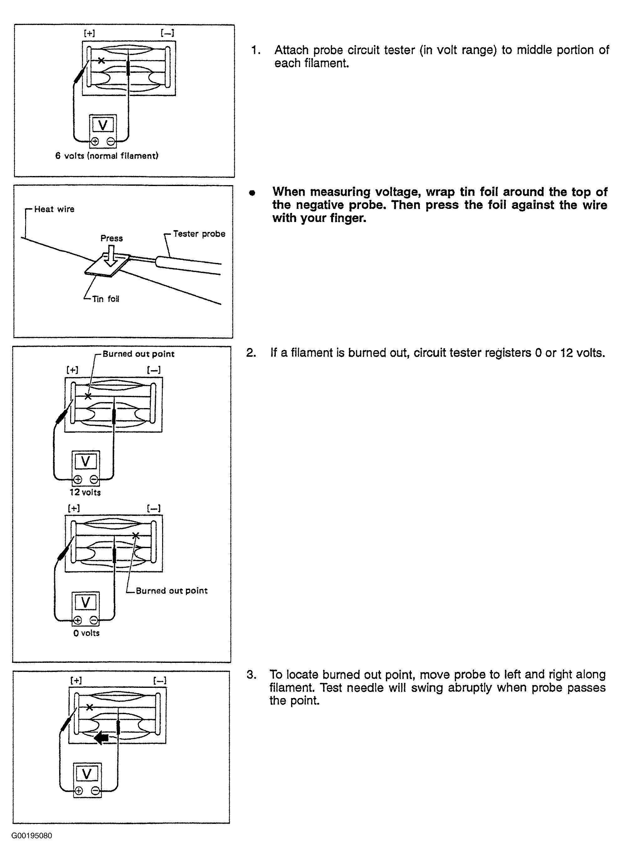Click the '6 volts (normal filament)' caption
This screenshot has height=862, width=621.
tap(106, 156)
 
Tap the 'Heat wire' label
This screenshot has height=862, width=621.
tap(54, 209)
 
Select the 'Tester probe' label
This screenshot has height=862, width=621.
tap(199, 234)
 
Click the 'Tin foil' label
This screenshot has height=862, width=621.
tap(105, 299)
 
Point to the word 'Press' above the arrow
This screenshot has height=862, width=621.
tap(111, 238)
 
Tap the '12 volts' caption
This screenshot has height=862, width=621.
tap(85, 492)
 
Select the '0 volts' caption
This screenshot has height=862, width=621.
tap(86, 633)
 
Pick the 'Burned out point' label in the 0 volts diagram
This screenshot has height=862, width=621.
tap(172, 591)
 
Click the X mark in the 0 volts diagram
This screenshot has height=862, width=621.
tap(136, 536)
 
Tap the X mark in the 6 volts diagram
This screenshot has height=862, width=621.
tap(101, 60)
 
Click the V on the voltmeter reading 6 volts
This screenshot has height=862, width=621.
tap(103, 125)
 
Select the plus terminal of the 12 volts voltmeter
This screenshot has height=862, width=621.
tap(78, 479)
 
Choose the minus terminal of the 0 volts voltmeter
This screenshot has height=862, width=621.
tap(94, 621)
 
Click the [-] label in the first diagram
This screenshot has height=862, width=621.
tap(167, 33)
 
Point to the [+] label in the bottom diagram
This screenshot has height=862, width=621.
tap(76, 680)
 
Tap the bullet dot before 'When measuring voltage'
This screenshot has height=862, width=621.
tap(252, 193)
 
